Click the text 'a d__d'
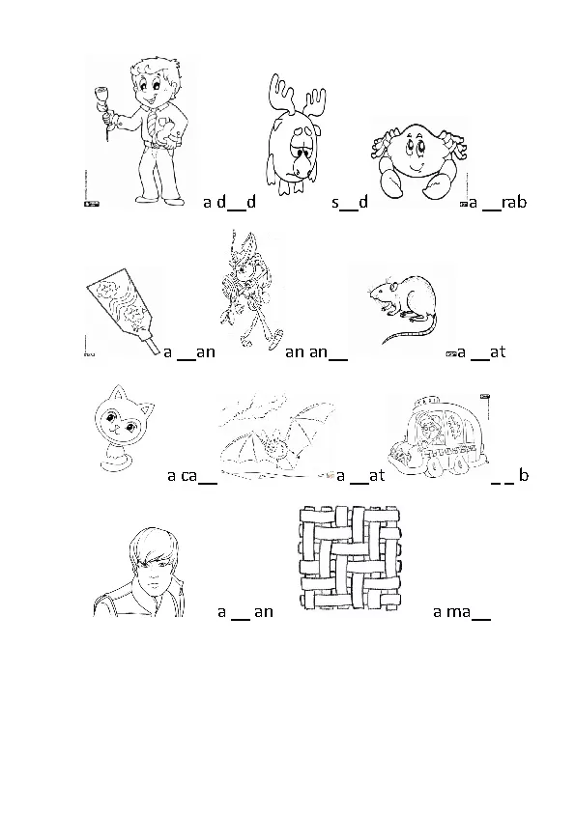(x=229, y=202)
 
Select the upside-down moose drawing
(x=295, y=134)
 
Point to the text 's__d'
(x=350, y=202)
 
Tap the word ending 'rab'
(x=514, y=201)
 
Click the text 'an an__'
(x=316, y=352)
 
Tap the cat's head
(x=125, y=417)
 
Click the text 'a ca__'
(x=192, y=475)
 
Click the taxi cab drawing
(x=440, y=435)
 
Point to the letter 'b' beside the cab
(x=523, y=474)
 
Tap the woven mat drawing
(x=350, y=557)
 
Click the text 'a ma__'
(x=461, y=612)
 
